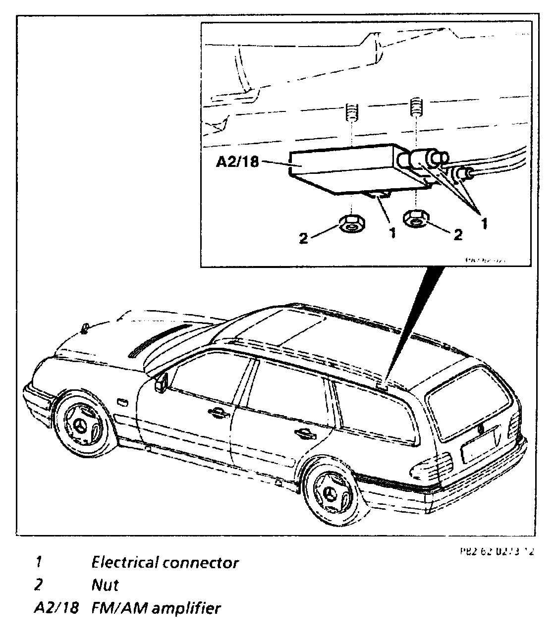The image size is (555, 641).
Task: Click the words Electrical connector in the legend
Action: coord(165,562)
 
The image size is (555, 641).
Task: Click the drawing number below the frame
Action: coord(496,551)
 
